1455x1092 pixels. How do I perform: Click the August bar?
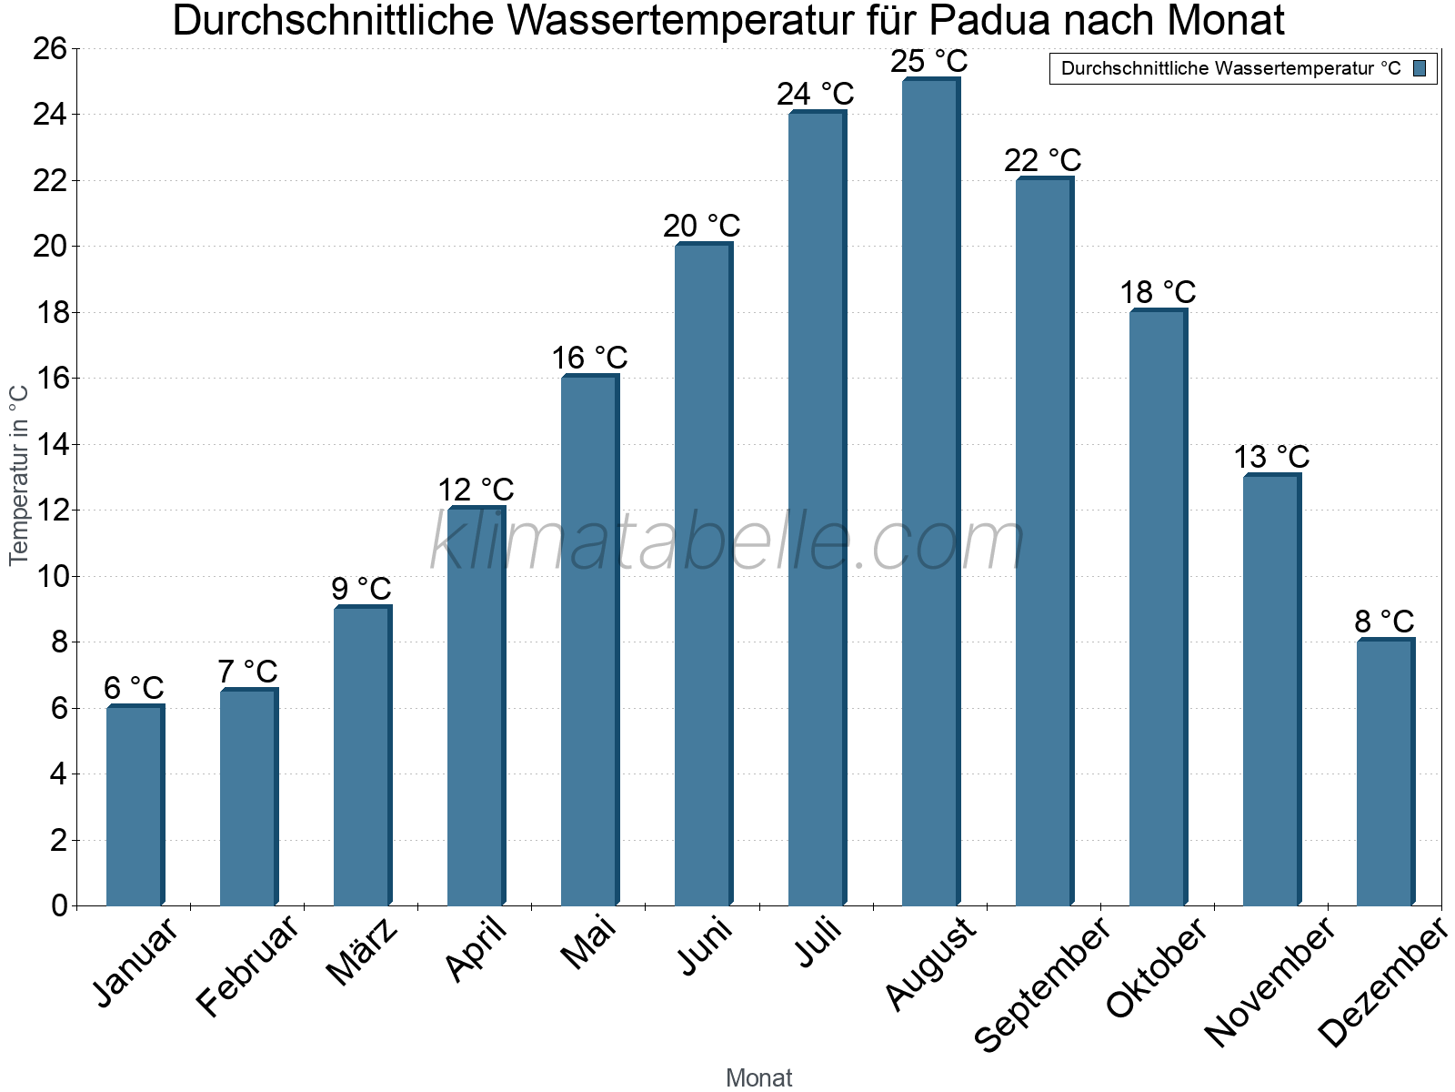930,491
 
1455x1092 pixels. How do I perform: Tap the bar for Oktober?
1158,608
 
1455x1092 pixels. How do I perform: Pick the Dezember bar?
1385,773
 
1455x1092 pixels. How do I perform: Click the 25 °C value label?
928,62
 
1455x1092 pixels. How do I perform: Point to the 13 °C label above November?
1271,457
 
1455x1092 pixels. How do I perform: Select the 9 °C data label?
361,589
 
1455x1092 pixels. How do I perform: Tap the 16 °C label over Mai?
589,358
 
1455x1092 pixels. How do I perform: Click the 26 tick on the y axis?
50,48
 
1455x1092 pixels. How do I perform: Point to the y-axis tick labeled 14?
50,445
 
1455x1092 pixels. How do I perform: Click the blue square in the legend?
1420,68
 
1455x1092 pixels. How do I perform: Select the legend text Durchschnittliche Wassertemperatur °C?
1230,68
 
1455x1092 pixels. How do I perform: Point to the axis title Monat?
758,1077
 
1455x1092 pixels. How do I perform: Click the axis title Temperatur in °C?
19,475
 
